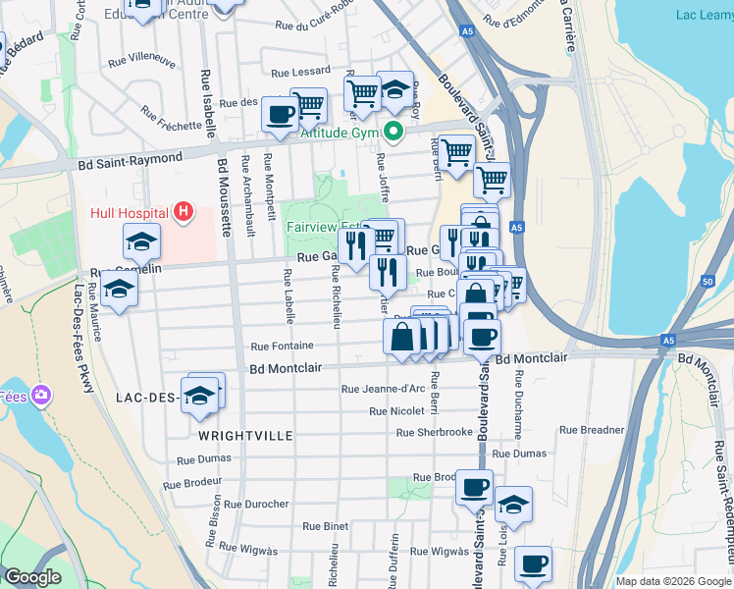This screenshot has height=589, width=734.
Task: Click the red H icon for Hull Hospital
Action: click(181, 211)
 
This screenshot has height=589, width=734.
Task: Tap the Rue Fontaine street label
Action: click(282, 346)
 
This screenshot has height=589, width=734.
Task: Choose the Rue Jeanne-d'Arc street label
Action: click(383, 389)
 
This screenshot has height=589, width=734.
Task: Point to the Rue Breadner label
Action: click(592, 430)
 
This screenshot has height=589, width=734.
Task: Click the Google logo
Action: click(32, 577)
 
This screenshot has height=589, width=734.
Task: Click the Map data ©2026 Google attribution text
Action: click(672, 581)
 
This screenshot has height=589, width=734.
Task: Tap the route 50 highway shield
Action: click(708, 282)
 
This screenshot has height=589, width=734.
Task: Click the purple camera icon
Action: click(41, 395)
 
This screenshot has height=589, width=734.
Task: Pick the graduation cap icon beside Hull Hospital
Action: click(141, 239)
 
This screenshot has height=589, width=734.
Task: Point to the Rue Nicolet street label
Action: click(396, 410)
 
